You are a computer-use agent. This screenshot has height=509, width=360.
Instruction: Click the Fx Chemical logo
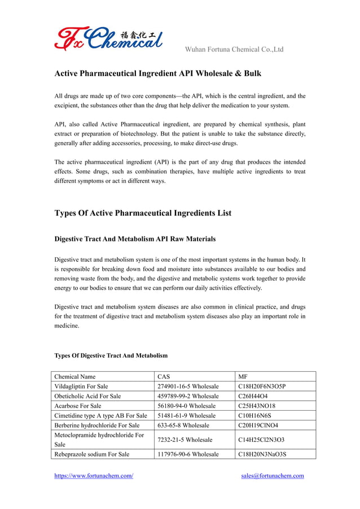tap(108, 38)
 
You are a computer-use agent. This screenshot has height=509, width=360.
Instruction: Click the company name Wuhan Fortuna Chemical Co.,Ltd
tap(234, 50)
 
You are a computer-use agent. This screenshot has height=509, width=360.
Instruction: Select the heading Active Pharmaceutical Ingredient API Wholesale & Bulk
tap(157, 74)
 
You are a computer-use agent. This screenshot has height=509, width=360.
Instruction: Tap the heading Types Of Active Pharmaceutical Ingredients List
tap(142, 213)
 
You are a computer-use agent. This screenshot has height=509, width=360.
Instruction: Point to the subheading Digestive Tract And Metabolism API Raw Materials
tap(134, 239)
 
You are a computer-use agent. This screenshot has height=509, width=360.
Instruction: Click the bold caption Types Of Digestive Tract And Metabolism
tap(111, 356)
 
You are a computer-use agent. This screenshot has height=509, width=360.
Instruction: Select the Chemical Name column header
tap(75, 376)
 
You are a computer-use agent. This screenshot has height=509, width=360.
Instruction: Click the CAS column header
tap(164, 376)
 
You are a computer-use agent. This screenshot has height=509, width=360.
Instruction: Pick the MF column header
tap(243, 376)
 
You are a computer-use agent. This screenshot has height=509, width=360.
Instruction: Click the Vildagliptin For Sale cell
tap(81, 387)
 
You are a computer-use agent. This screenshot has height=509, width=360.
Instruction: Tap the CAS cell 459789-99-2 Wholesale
tap(188, 396)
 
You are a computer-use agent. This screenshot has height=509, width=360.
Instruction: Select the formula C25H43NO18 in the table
tap(257, 406)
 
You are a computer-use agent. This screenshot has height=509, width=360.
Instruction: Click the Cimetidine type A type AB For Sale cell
tap(100, 415)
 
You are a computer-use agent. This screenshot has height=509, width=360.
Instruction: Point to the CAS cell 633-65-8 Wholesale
tap(183, 425)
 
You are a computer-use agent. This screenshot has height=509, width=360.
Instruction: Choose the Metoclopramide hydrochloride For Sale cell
tap(99, 439)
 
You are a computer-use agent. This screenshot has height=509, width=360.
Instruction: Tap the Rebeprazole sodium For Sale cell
tap(91, 454)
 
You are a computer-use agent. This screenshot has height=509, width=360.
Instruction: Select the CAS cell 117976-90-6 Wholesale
tap(188, 454)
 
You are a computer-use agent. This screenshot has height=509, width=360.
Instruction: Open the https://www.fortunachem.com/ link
tap(94, 476)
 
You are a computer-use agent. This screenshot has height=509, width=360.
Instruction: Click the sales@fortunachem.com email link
tap(272, 476)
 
